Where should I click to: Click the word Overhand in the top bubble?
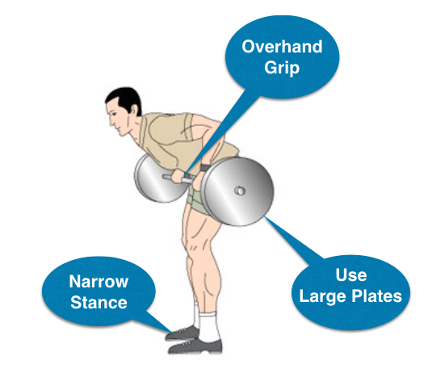(282, 47)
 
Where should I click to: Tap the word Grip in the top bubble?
(282, 67)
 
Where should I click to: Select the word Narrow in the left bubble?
(99, 281)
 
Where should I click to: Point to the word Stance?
(99, 302)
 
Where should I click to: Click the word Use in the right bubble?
(351, 275)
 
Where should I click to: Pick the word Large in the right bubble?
(322, 297)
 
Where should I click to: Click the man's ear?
(134, 111)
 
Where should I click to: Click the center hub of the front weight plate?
(240, 191)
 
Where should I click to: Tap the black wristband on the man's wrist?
(204, 168)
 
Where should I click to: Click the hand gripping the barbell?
(178, 176)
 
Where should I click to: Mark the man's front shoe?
(195, 346)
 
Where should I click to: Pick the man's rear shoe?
(182, 333)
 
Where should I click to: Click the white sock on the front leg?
(209, 327)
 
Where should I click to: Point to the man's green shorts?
(197, 199)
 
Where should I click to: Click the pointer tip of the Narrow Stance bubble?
(173, 333)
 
